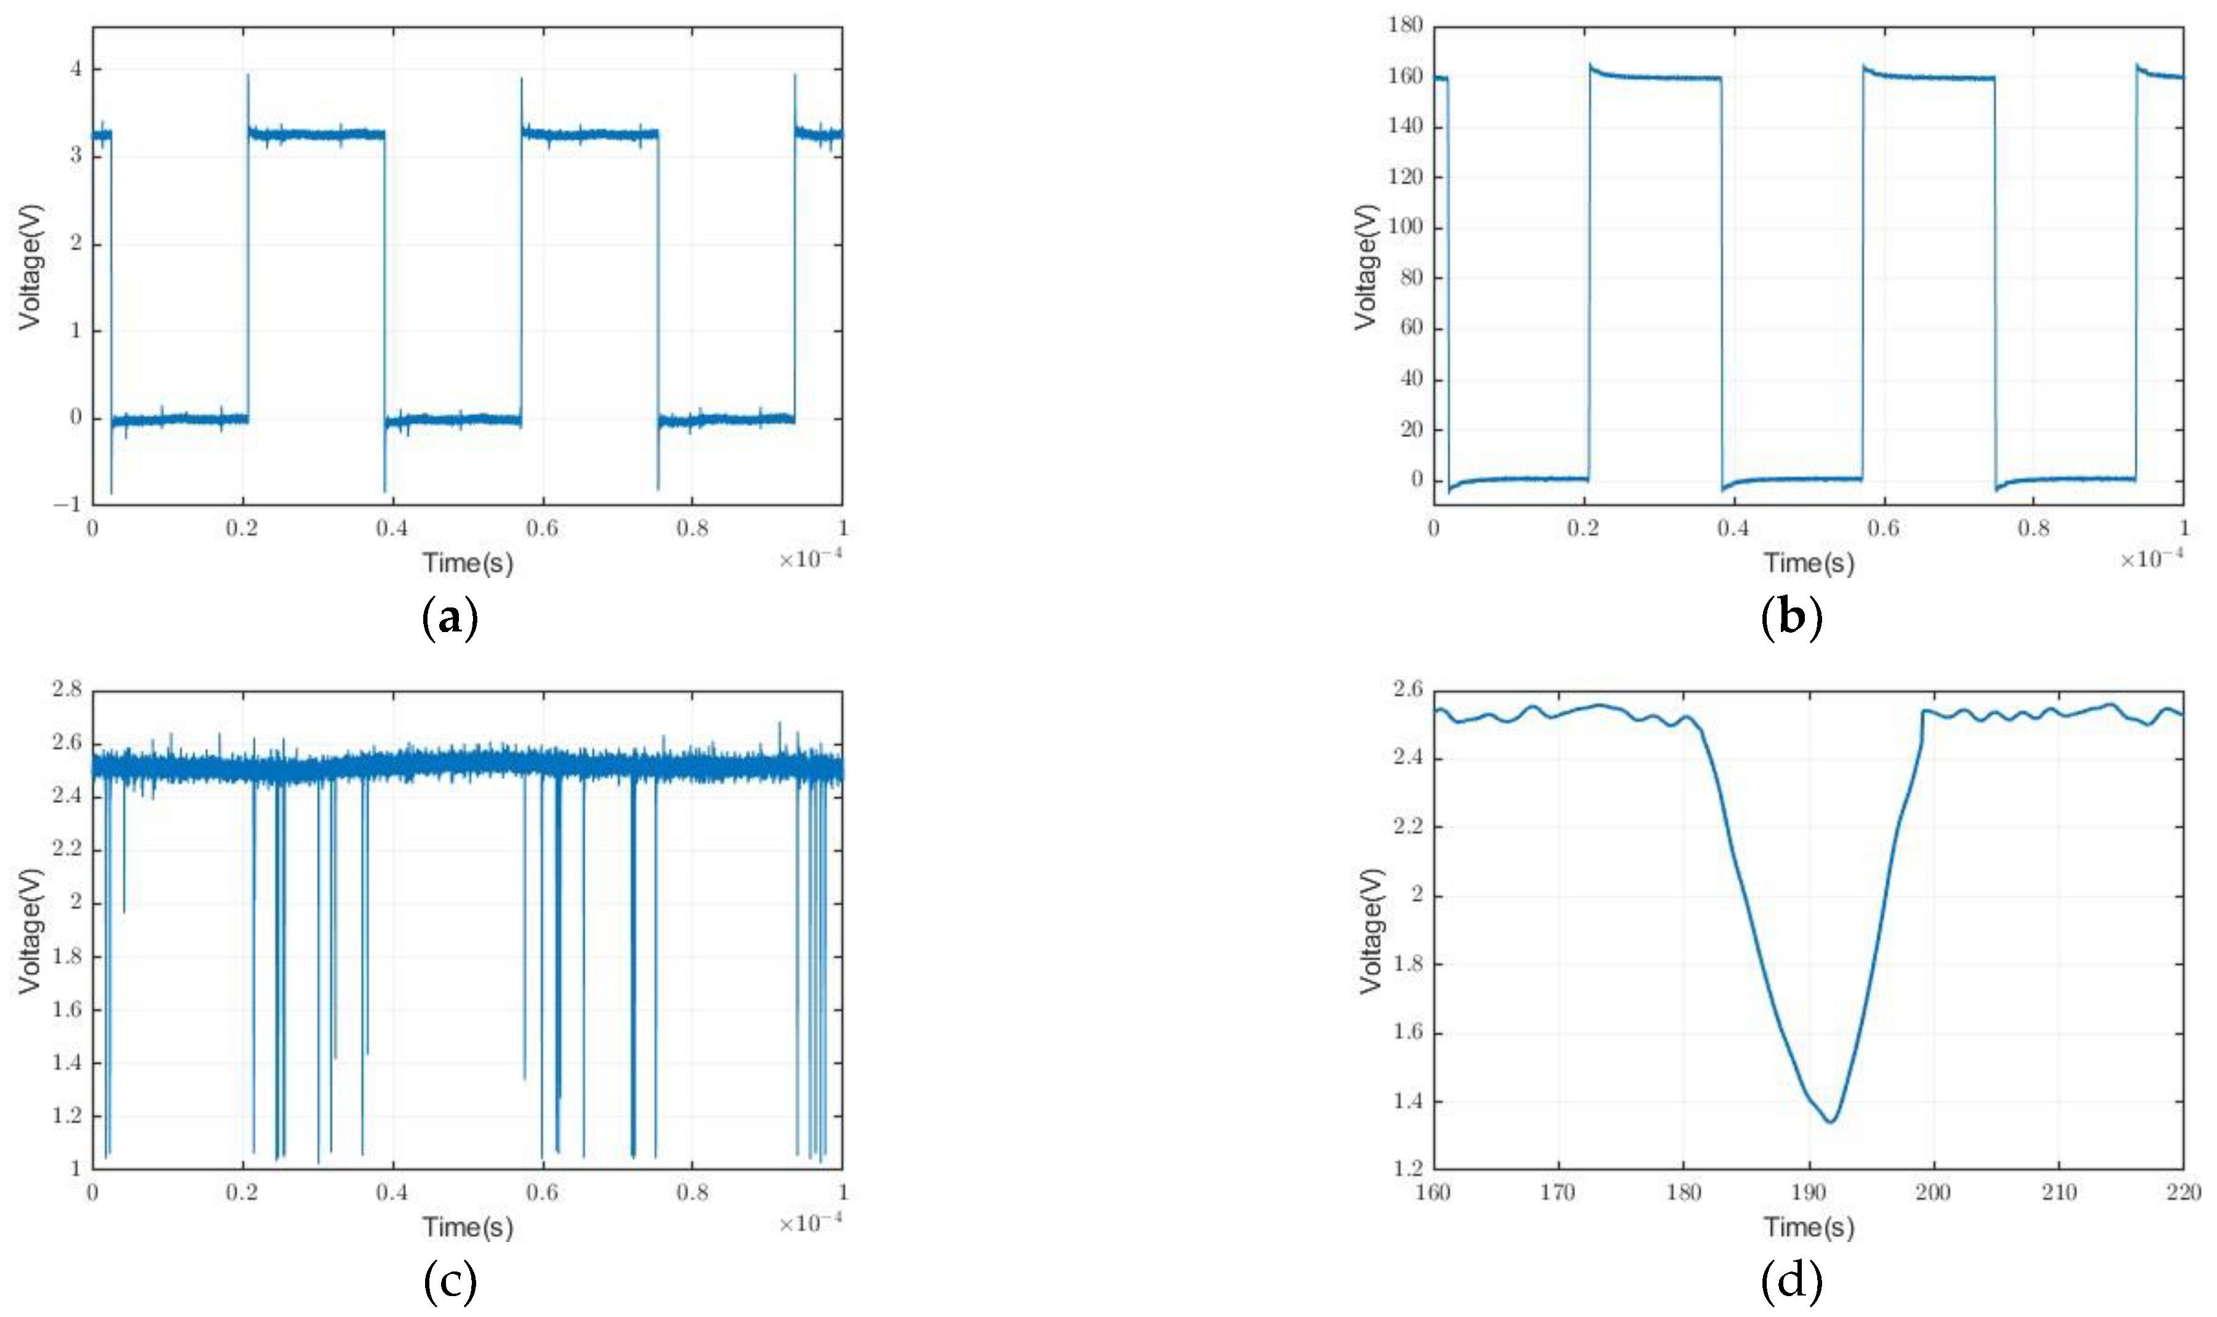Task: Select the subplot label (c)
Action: (450, 1281)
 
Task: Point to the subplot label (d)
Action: (1791, 1281)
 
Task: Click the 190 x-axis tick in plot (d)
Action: (1809, 1193)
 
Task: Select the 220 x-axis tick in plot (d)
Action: (2183, 1193)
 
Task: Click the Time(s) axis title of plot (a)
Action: (468, 563)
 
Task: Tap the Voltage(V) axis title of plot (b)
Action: (1366, 266)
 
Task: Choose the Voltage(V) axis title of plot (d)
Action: (1372, 930)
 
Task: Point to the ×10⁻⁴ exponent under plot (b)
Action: (2151, 559)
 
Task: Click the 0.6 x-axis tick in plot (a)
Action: (543, 529)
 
